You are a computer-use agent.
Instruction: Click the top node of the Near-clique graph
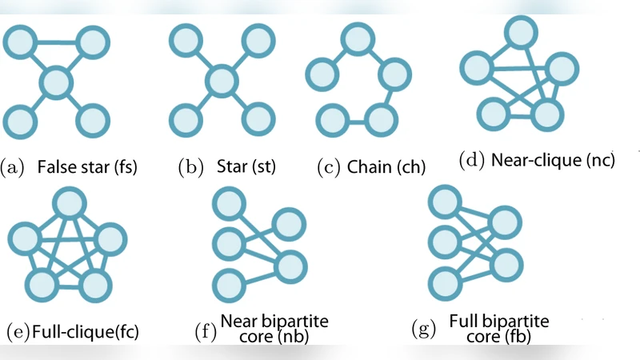(519, 31)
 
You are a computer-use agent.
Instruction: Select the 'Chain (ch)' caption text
(386, 168)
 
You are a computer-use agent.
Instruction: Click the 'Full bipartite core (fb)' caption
(498, 328)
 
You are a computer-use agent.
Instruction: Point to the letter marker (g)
(422, 329)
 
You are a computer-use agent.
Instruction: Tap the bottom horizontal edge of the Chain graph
(353, 121)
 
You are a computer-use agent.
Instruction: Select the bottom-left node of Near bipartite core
(229, 284)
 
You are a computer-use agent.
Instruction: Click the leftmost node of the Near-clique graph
(478, 67)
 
